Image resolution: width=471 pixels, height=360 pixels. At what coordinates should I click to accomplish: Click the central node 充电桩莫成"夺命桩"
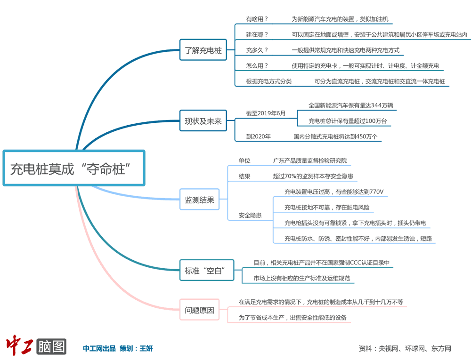pyautogui.click(x=74, y=168)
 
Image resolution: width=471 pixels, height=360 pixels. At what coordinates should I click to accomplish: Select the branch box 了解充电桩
pyautogui.click(x=203, y=50)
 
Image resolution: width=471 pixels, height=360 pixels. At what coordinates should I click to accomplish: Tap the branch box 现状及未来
pyautogui.click(x=203, y=121)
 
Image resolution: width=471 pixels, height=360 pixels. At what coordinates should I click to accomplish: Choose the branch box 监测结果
pyautogui.click(x=199, y=200)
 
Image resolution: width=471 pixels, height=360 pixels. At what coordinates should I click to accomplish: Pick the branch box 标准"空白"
pyautogui.click(x=206, y=271)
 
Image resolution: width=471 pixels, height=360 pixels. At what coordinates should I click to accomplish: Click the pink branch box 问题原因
pyautogui.click(x=199, y=310)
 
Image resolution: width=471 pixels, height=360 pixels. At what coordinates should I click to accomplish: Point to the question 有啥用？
pyautogui.click(x=257, y=19)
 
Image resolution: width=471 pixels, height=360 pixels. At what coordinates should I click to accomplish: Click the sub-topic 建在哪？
pyautogui.click(x=257, y=34)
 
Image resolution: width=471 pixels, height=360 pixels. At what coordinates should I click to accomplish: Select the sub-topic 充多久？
pyautogui.click(x=257, y=50)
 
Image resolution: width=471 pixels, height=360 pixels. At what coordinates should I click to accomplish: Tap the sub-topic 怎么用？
pyautogui.click(x=257, y=66)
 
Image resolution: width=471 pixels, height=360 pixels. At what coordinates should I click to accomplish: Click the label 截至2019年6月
pyautogui.click(x=266, y=113)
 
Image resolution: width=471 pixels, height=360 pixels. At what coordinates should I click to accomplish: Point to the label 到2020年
pyautogui.click(x=259, y=137)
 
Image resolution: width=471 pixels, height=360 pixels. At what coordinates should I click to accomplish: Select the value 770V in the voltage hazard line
pyautogui.click(x=377, y=192)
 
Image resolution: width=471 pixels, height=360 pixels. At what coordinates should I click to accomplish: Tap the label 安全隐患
pyautogui.click(x=250, y=215)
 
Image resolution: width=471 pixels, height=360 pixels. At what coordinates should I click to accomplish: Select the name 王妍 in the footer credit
pyautogui.click(x=146, y=349)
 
